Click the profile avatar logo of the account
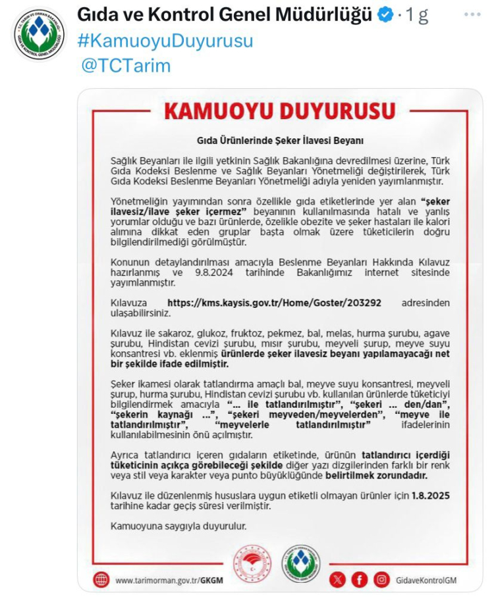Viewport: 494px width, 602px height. [39, 34]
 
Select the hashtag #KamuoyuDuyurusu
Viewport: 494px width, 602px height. [165, 40]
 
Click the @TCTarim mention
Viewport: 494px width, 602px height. [126, 66]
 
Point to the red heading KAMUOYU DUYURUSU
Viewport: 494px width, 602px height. [280, 112]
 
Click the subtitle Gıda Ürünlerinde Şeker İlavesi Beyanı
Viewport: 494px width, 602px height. [280, 140]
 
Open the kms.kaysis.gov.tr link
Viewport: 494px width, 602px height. [275, 303]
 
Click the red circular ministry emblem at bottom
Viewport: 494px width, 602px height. [252, 564]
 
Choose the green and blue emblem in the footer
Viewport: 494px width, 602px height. [301, 564]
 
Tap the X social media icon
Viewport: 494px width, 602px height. [337, 580]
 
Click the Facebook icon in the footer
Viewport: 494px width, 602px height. [359, 580]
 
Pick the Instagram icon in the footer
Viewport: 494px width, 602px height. [381, 580]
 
